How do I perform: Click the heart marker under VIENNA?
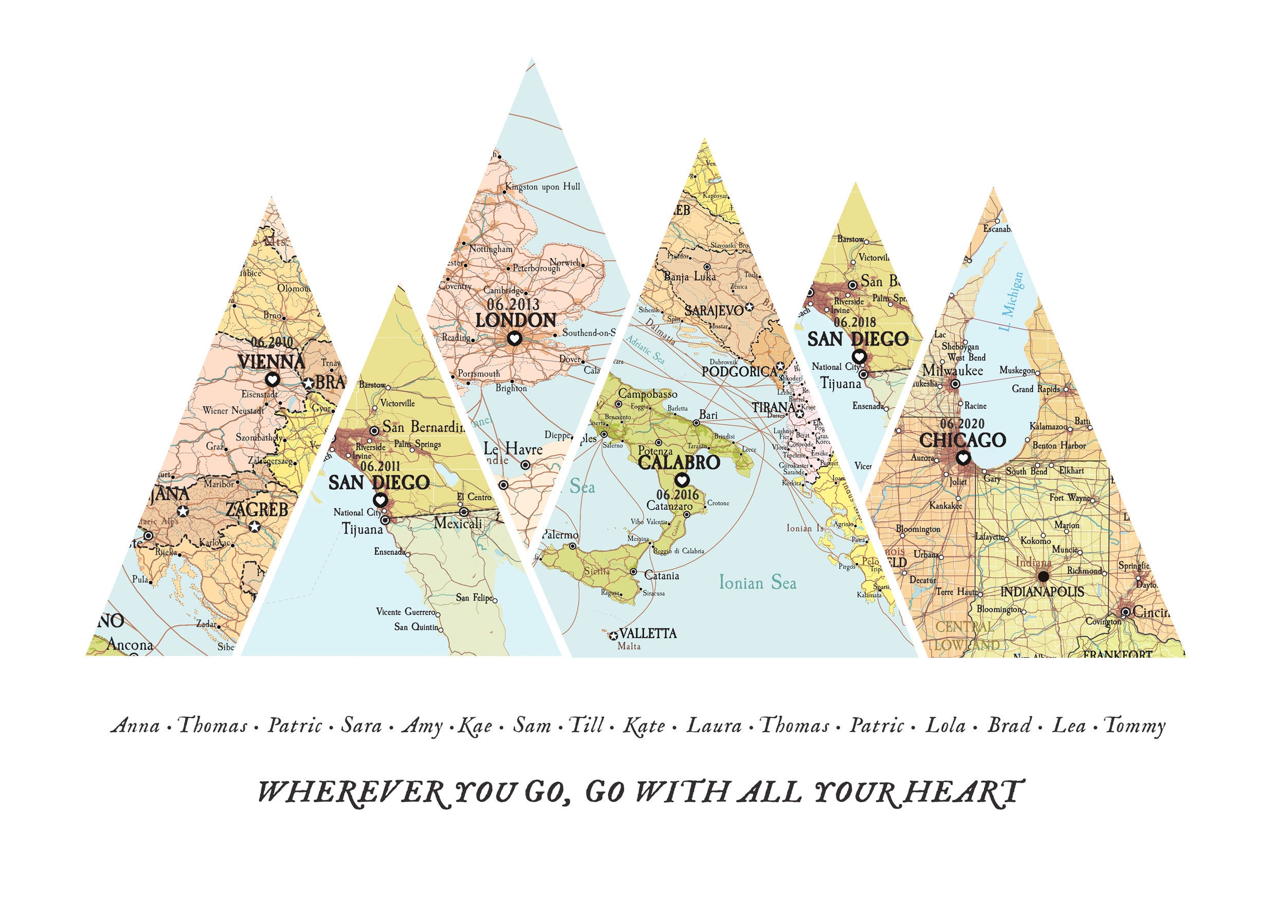pyautogui.click(x=272, y=380)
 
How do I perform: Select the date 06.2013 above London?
pyautogui.click(x=513, y=304)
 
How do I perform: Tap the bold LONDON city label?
pyautogui.click(x=515, y=320)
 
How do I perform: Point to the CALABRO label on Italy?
pyautogui.click(x=679, y=462)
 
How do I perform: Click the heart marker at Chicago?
pyautogui.click(x=963, y=458)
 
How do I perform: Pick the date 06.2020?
pyautogui.click(x=962, y=424)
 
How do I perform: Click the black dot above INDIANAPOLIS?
pyautogui.click(x=1043, y=576)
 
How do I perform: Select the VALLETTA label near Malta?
pyautogui.click(x=647, y=633)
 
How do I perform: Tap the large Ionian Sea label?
pyautogui.click(x=757, y=583)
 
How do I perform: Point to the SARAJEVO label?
pyautogui.click(x=713, y=311)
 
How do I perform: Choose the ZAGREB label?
pyautogui.click(x=257, y=509)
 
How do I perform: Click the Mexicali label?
pyautogui.click(x=458, y=523)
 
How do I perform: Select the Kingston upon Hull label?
pyautogui.click(x=542, y=187)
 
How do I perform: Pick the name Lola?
pyautogui.click(x=945, y=726)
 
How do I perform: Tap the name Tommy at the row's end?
pyautogui.click(x=1135, y=726)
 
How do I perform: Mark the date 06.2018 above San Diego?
pyautogui.click(x=854, y=322)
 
